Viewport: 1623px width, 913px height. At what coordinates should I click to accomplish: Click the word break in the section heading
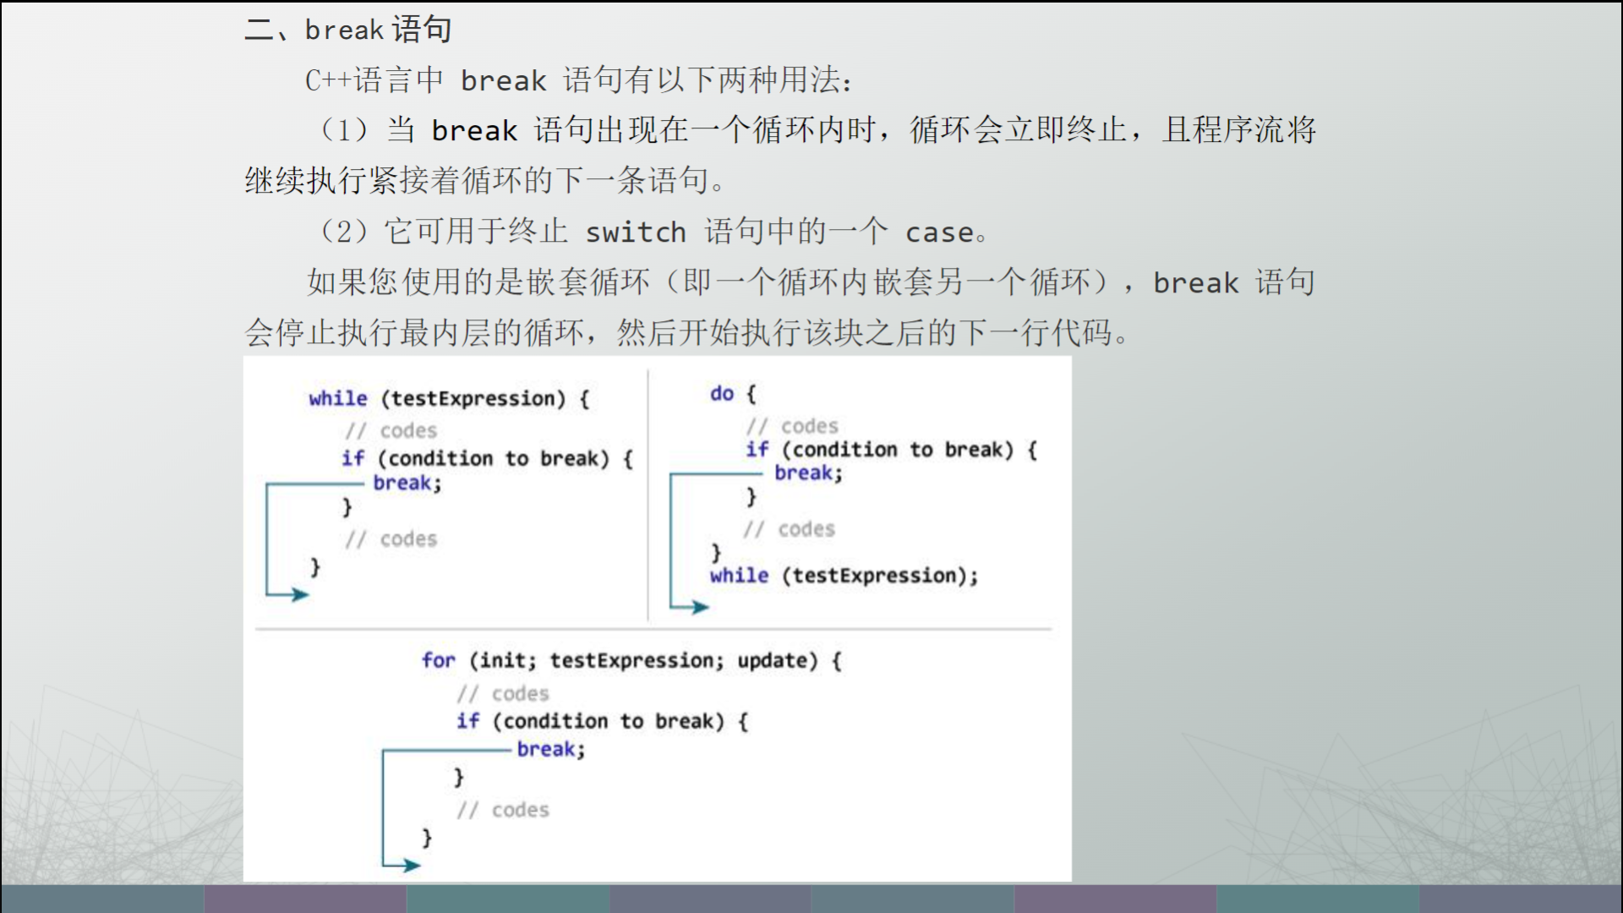[344, 30]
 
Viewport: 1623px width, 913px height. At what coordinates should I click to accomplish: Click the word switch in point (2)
[636, 232]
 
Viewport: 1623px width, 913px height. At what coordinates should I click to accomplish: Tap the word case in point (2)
[939, 232]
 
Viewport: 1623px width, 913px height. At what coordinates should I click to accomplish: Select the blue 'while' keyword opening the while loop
[338, 398]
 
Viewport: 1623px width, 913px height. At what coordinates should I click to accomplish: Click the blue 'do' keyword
[722, 393]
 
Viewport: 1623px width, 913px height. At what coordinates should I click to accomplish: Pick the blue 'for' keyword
[438, 660]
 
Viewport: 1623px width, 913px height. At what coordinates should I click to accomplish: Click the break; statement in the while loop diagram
[407, 483]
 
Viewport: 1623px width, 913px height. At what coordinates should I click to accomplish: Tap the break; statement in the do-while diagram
[808, 473]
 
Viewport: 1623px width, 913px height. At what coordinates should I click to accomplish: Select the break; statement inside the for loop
[551, 749]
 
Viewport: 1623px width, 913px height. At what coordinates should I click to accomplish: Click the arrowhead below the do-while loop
[699, 607]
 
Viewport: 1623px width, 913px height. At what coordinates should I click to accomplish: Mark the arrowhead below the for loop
[411, 865]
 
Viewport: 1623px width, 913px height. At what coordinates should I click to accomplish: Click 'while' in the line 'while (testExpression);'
[740, 576]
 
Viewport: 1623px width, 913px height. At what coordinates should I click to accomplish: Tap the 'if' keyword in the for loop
[468, 721]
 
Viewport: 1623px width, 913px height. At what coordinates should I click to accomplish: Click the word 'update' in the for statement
[773, 660]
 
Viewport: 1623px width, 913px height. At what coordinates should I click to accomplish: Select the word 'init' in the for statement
[506, 660]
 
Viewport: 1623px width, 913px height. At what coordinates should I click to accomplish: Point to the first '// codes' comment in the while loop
[391, 430]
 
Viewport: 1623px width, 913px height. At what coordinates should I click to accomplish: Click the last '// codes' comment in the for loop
[503, 810]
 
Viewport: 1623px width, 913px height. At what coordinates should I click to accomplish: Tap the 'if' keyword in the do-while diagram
[757, 450]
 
